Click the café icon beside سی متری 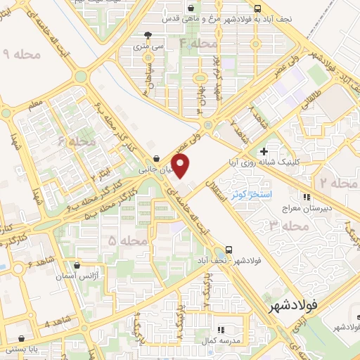pos(146,35)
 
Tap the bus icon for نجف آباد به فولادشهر pos(258,8)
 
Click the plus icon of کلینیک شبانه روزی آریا pos(264,150)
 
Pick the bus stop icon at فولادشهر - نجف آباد pos(229,250)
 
